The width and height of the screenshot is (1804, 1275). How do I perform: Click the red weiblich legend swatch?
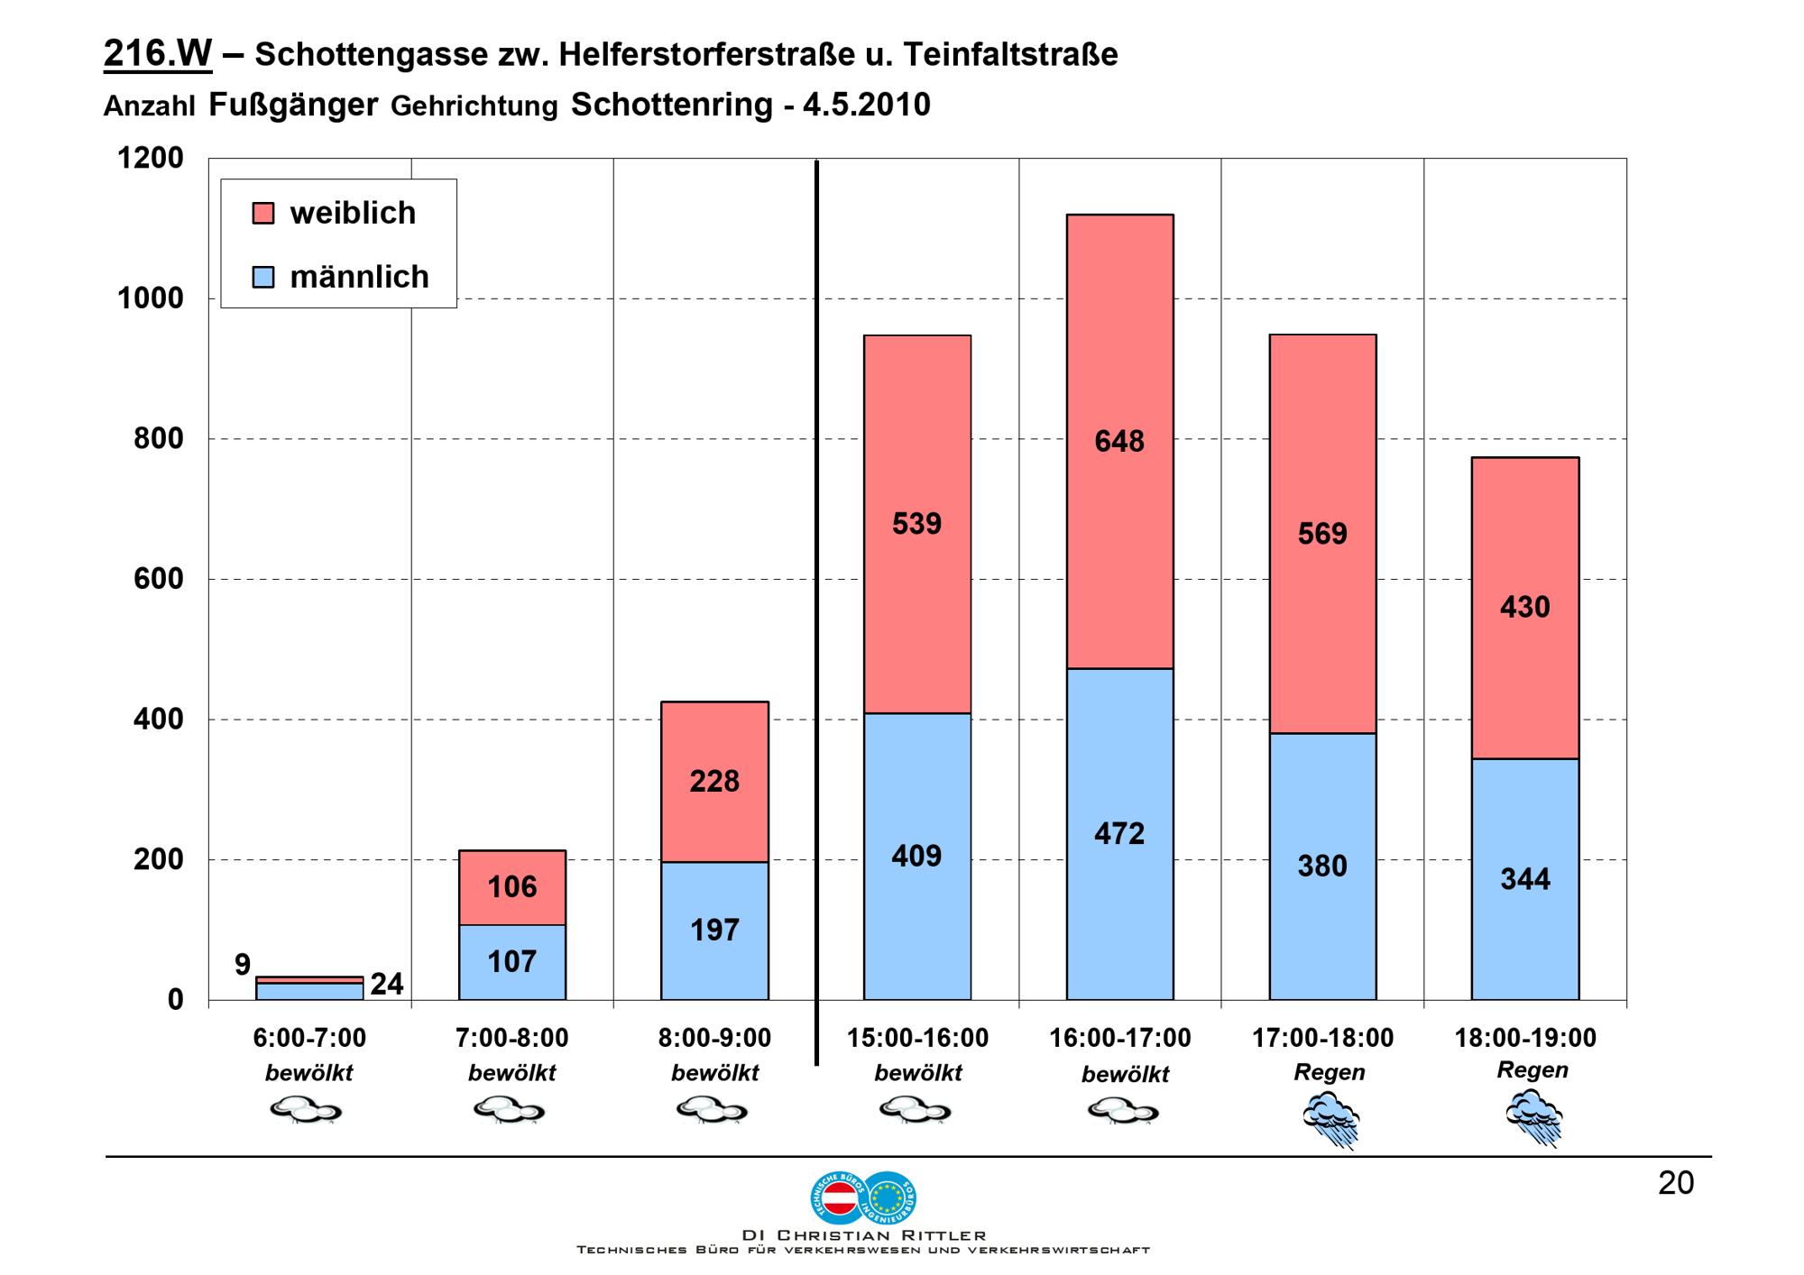tap(262, 213)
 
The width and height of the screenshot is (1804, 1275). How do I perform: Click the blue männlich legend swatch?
tap(262, 277)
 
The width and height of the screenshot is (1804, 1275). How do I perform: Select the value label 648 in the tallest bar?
tap(1119, 441)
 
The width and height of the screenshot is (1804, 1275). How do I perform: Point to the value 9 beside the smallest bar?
tap(243, 965)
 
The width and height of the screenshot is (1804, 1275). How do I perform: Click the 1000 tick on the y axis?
tap(151, 298)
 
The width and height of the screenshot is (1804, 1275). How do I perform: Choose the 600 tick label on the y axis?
tap(159, 579)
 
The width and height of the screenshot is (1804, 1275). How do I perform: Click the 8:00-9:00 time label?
tap(714, 1038)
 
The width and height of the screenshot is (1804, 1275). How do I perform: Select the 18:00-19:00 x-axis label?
tap(1525, 1038)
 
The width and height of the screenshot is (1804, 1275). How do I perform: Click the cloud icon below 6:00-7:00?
tap(307, 1110)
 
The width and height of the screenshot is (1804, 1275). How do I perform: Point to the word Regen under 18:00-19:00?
tap(1532, 1070)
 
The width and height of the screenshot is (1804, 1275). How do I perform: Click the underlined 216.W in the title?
tap(158, 54)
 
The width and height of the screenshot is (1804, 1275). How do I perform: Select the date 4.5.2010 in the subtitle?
tap(866, 105)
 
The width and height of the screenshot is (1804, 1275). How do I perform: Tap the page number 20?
tap(1676, 1183)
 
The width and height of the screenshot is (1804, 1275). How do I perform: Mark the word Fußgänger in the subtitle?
tap(293, 105)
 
